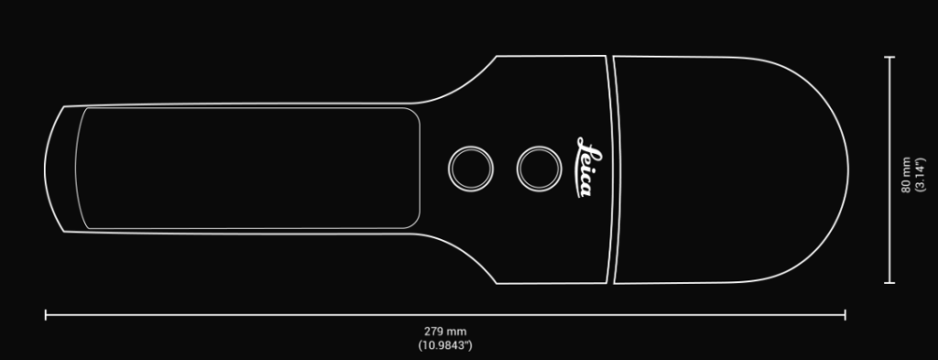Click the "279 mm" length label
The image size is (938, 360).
[445, 332]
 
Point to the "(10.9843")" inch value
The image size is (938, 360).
[445, 345]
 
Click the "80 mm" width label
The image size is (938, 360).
[906, 175]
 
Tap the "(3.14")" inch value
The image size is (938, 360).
[920, 175]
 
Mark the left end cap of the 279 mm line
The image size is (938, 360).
[46, 314]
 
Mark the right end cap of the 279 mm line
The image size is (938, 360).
[845, 314]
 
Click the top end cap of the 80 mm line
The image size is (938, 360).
[889, 57]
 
